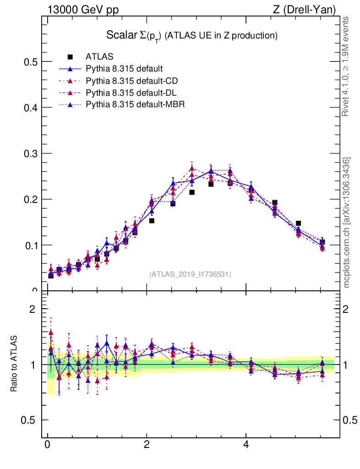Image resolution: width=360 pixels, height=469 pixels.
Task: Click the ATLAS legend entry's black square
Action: click(70, 57)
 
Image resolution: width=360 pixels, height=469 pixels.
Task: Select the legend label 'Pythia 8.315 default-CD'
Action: click(131, 81)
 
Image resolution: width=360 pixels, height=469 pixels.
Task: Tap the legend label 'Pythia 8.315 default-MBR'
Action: click(135, 105)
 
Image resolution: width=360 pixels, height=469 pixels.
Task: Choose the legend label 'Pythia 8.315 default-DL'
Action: click(131, 93)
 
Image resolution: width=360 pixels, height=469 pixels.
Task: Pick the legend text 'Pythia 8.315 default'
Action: click(124, 69)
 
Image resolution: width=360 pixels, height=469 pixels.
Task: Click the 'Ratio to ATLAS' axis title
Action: click(15, 365)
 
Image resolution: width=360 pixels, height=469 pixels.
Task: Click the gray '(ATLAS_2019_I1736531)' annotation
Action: click(190, 274)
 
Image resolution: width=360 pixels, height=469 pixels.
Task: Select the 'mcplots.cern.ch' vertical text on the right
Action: click(347, 223)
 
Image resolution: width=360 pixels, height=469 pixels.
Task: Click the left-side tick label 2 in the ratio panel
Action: click(32, 309)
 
